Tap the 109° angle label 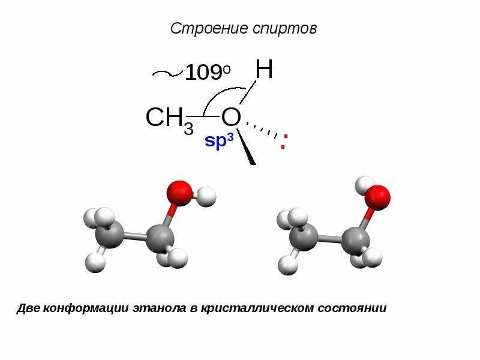[207, 73]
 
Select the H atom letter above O [264, 70]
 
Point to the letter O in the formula [231, 117]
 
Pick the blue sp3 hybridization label [218, 142]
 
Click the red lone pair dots [283, 142]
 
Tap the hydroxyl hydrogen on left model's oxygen [206, 196]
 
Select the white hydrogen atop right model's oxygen [364, 184]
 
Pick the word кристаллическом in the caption [257, 308]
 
